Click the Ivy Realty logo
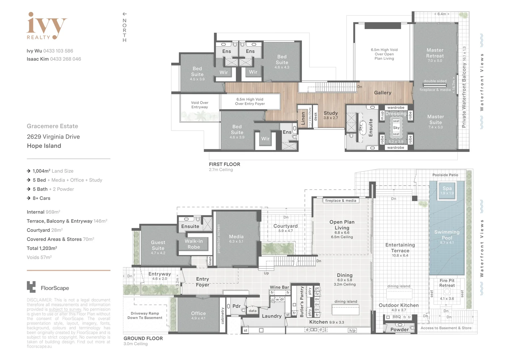click(46, 26)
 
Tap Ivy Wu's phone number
click(58, 51)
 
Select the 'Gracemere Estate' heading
click(52, 126)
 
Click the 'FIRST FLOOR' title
click(224, 164)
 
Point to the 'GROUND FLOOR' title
click(143, 338)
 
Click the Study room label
click(330, 113)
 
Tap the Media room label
click(236, 237)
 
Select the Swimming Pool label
click(447, 235)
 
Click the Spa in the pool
click(447, 190)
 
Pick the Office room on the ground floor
click(198, 314)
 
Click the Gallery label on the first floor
click(382, 93)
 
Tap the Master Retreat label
click(435, 53)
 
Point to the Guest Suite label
click(158, 245)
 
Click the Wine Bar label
click(279, 287)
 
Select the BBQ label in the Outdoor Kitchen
click(396, 317)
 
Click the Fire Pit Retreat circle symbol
click(447, 291)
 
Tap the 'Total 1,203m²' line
click(42, 248)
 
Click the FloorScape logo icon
click(31, 287)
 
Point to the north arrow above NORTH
click(125, 14)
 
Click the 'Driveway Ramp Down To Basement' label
click(145, 315)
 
